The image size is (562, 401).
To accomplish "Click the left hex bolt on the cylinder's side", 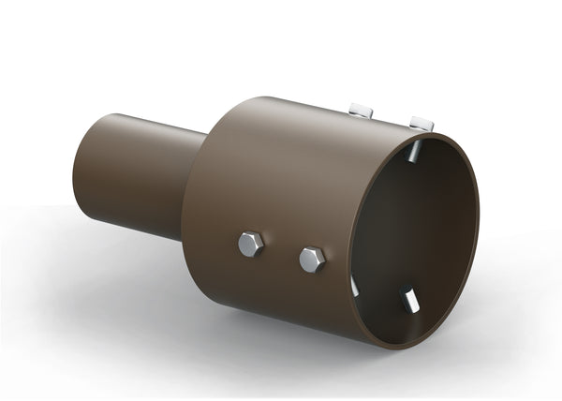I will pyautogui.click(x=250, y=245).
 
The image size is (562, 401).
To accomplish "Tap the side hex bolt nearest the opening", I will pyautogui.click(x=312, y=260).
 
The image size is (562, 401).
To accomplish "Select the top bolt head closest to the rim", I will pyautogui.click(x=421, y=124).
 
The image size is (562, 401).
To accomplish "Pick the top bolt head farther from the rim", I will pyautogui.click(x=361, y=111).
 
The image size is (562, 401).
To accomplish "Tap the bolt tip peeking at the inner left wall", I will pyautogui.click(x=355, y=285).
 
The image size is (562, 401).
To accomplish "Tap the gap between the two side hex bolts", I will pyautogui.click(x=281, y=252).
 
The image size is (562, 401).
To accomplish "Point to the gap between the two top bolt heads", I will pyautogui.click(x=391, y=116).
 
